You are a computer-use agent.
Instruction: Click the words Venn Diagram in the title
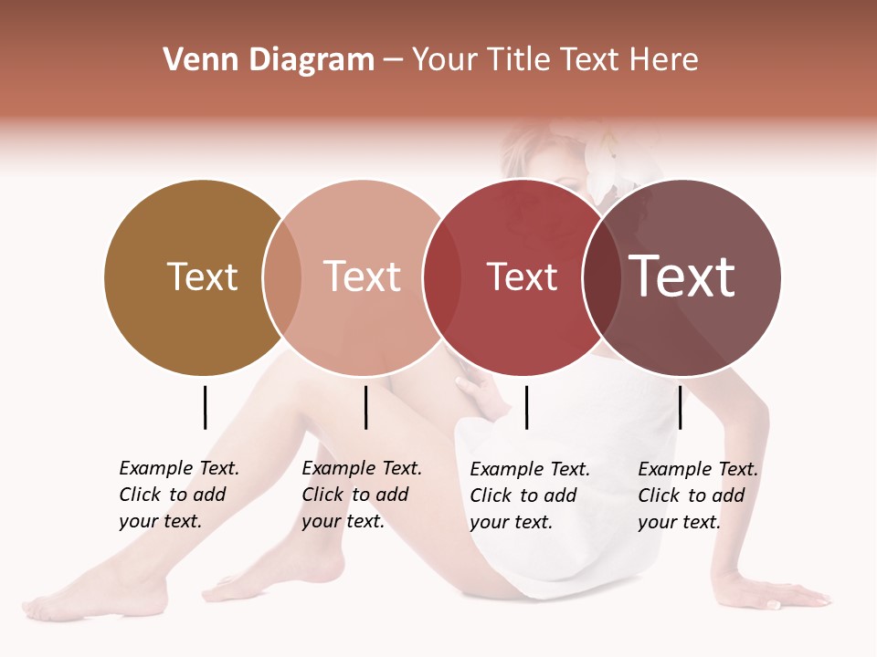(269, 60)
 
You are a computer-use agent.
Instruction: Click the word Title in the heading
(518, 60)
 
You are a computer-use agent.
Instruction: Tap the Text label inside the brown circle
(202, 277)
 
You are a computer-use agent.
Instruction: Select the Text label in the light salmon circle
(363, 277)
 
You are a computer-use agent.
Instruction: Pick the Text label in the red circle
(522, 277)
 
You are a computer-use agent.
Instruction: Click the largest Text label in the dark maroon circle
(682, 276)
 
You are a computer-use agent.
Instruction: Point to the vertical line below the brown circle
(205, 407)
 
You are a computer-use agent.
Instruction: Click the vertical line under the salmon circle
(365, 407)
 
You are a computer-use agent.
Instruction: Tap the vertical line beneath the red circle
(527, 407)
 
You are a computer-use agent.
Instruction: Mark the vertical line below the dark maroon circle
(681, 407)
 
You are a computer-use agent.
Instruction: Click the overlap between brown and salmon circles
(282, 277)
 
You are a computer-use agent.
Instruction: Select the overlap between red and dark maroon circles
(602, 277)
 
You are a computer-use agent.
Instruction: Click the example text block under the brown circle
(179, 495)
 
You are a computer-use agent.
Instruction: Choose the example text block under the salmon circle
(362, 495)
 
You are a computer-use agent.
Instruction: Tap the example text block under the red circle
(530, 495)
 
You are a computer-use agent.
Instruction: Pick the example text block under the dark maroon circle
(698, 495)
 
